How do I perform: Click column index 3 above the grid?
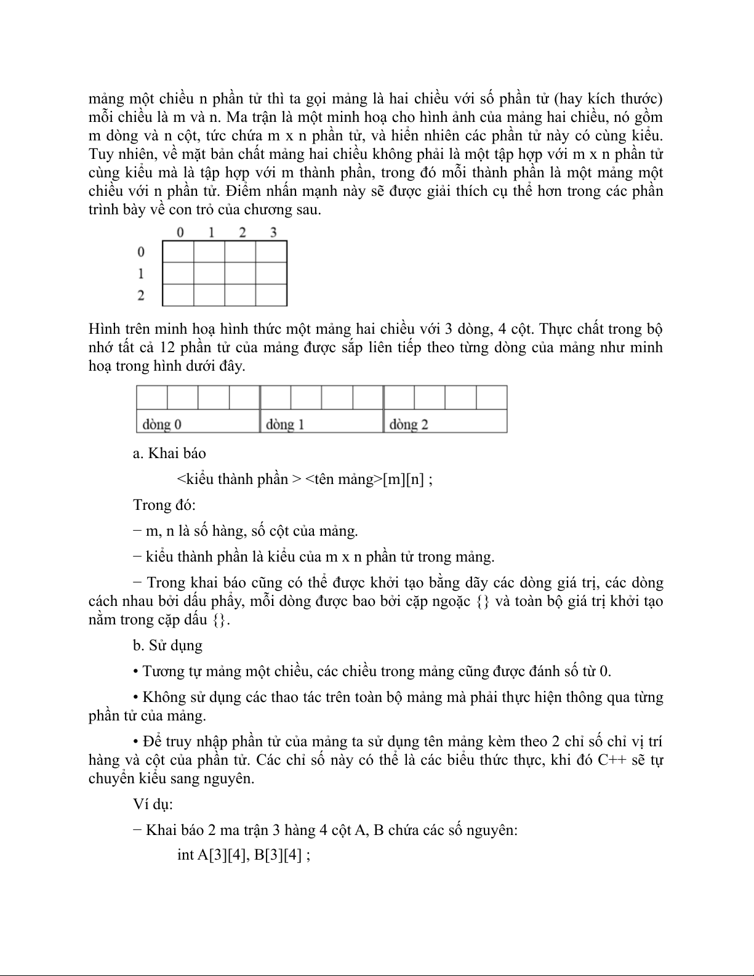273,232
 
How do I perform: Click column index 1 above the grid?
211,232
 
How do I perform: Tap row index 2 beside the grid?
141,296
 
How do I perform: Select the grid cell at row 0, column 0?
178,252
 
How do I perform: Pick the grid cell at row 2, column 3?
271,295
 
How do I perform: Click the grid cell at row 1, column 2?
240,273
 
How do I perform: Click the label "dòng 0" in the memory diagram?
162,424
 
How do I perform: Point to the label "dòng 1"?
285,424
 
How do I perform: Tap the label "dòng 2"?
409,424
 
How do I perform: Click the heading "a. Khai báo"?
169,453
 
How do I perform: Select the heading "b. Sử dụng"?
167,645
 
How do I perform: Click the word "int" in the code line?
185,855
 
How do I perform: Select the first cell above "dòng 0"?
151,398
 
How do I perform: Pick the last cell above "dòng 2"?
491,398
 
